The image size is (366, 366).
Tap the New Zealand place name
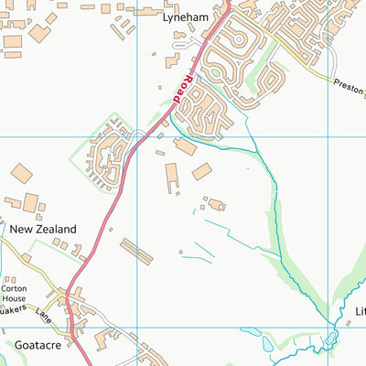pyautogui.click(x=43, y=229)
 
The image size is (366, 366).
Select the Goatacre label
pyautogui.click(x=36, y=344)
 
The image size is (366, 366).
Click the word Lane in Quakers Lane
pyautogui.click(x=42, y=316)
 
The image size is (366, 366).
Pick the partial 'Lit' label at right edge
pyautogui.click(x=360, y=311)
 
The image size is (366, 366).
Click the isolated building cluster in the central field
pyautogui.click(x=215, y=204)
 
